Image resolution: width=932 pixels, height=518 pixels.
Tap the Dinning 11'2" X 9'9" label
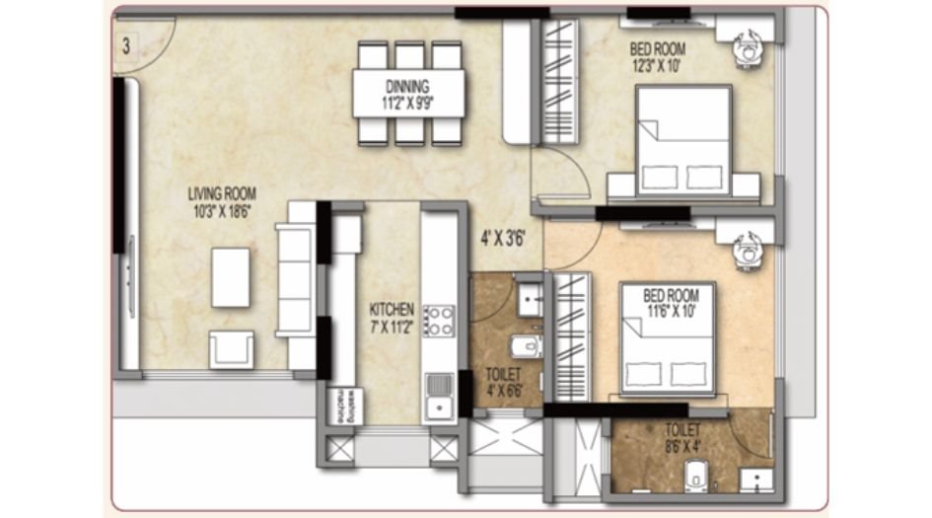409,94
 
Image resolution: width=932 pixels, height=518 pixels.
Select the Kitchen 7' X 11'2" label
391,315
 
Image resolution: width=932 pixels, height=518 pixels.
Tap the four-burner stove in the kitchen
439,321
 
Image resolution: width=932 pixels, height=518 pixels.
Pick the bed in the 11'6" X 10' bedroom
668,340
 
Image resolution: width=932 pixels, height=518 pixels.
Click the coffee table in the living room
231,277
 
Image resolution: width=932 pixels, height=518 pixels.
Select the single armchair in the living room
232,349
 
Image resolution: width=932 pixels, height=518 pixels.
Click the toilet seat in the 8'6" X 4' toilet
699,473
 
